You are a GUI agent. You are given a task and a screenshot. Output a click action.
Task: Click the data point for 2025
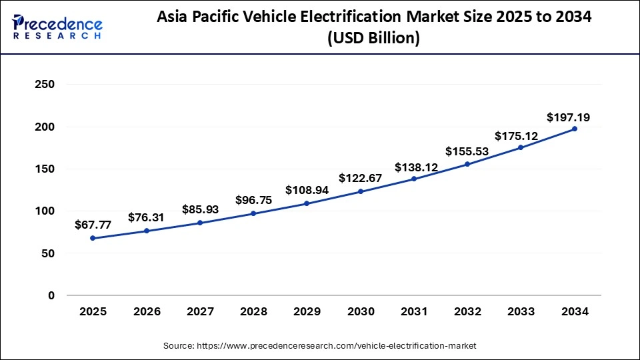click(93, 238)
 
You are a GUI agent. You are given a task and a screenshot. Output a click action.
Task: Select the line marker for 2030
click(361, 191)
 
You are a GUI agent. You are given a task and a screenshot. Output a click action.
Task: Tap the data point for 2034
click(575, 129)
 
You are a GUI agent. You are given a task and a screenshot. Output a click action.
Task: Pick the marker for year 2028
click(253, 213)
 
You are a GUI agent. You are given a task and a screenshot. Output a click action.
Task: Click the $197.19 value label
click(568, 117)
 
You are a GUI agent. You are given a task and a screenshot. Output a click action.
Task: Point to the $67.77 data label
click(93, 225)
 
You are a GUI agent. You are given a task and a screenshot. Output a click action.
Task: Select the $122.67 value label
click(361, 178)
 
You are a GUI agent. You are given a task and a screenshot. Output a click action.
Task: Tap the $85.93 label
click(200, 209)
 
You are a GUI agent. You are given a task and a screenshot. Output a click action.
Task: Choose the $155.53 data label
click(467, 151)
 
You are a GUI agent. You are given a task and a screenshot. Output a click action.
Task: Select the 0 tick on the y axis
click(51, 295)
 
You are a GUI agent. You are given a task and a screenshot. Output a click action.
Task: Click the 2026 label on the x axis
click(147, 311)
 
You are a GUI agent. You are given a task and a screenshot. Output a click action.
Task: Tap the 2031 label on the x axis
click(414, 311)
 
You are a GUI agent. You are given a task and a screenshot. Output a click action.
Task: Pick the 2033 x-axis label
click(521, 311)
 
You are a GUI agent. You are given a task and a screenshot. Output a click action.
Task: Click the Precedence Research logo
click(57, 27)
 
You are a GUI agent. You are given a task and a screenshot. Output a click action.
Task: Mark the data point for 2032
click(467, 164)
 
